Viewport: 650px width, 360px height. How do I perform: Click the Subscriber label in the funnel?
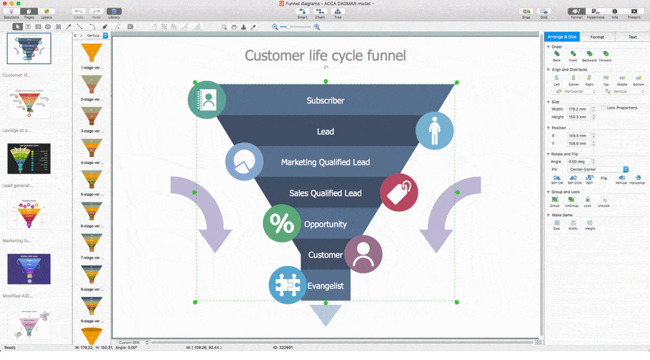[x=325, y=101]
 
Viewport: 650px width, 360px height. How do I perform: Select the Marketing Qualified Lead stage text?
[x=325, y=162]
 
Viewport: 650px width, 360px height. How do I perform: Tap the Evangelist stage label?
[x=325, y=286]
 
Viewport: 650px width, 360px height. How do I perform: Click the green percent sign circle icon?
[x=282, y=224]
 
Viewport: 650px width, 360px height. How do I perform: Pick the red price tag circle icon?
[x=399, y=192]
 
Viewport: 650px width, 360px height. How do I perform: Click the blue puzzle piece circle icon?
[x=288, y=285]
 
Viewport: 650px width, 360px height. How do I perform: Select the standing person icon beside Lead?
[x=434, y=130]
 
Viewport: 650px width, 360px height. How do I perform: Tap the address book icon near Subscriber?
[x=206, y=100]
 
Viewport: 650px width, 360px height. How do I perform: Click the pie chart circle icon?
[x=244, y=162]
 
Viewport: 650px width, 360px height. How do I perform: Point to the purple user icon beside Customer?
[x=363, y=254]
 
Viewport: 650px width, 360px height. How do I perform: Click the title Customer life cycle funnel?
[x=325, y=55]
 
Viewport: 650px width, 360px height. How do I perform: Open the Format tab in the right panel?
[x=597, y=37]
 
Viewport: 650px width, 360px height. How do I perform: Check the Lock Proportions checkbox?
[x=603, y=108]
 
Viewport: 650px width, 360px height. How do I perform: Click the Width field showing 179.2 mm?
[x=578, y=109]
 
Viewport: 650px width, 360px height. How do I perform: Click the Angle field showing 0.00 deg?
[x=578, y=161]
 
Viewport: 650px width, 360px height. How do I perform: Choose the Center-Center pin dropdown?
[x=597, y=169]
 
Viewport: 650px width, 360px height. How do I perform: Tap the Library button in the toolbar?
[x=114, y=13]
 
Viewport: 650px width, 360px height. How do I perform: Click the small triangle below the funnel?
[x=326, y=314]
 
